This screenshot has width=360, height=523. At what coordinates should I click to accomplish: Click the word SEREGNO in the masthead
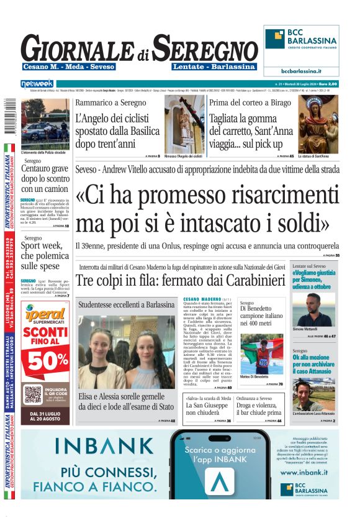tap(205, 48)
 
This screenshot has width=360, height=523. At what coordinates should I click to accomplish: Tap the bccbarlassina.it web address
tap(301, 71)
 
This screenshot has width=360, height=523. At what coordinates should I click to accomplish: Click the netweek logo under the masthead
tap(38, 84)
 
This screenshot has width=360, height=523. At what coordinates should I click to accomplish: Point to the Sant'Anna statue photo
tap(319, 124)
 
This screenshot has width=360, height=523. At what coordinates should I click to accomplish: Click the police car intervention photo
tap(45, 123)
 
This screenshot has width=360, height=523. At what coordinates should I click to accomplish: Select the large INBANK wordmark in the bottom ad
tap(104, 446)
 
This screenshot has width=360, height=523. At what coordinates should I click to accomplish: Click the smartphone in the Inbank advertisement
tap(221, 463)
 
